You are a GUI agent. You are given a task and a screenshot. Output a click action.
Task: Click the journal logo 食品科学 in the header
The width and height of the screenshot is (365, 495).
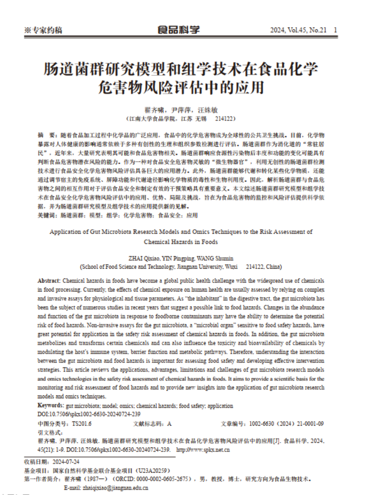(x=178, y=30)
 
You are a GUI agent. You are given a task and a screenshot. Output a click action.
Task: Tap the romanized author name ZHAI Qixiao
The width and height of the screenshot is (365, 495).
(x=145, y=258)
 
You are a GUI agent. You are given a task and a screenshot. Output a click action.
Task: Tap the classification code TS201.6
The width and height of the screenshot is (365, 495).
(x=82, y=423)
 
